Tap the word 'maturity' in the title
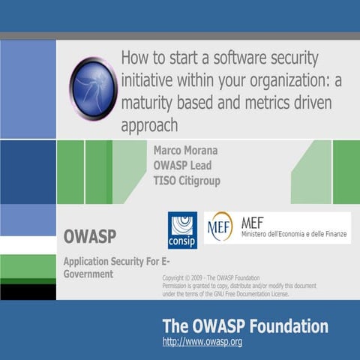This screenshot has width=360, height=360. pyautogui.click(x=151, y=102)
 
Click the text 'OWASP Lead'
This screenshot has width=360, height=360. pyautogui.click(x=184, y=165)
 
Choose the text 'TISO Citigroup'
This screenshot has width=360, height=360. pyautogui.click(x=187, y=181)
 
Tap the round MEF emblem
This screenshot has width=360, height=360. pyautogui.click(x=220, y=226)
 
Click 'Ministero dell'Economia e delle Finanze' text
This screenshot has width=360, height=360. pyautogui.click(x=295, y=235)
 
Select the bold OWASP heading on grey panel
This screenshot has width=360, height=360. pyautogui.click(x=89, y=237)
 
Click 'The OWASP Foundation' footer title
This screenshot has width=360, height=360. pyautogui.click(x=245, y=326)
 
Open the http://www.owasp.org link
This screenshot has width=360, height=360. pyautogui.click(x=202, y=342)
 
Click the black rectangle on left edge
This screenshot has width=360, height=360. pyautogui.click(x=28, y=291)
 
